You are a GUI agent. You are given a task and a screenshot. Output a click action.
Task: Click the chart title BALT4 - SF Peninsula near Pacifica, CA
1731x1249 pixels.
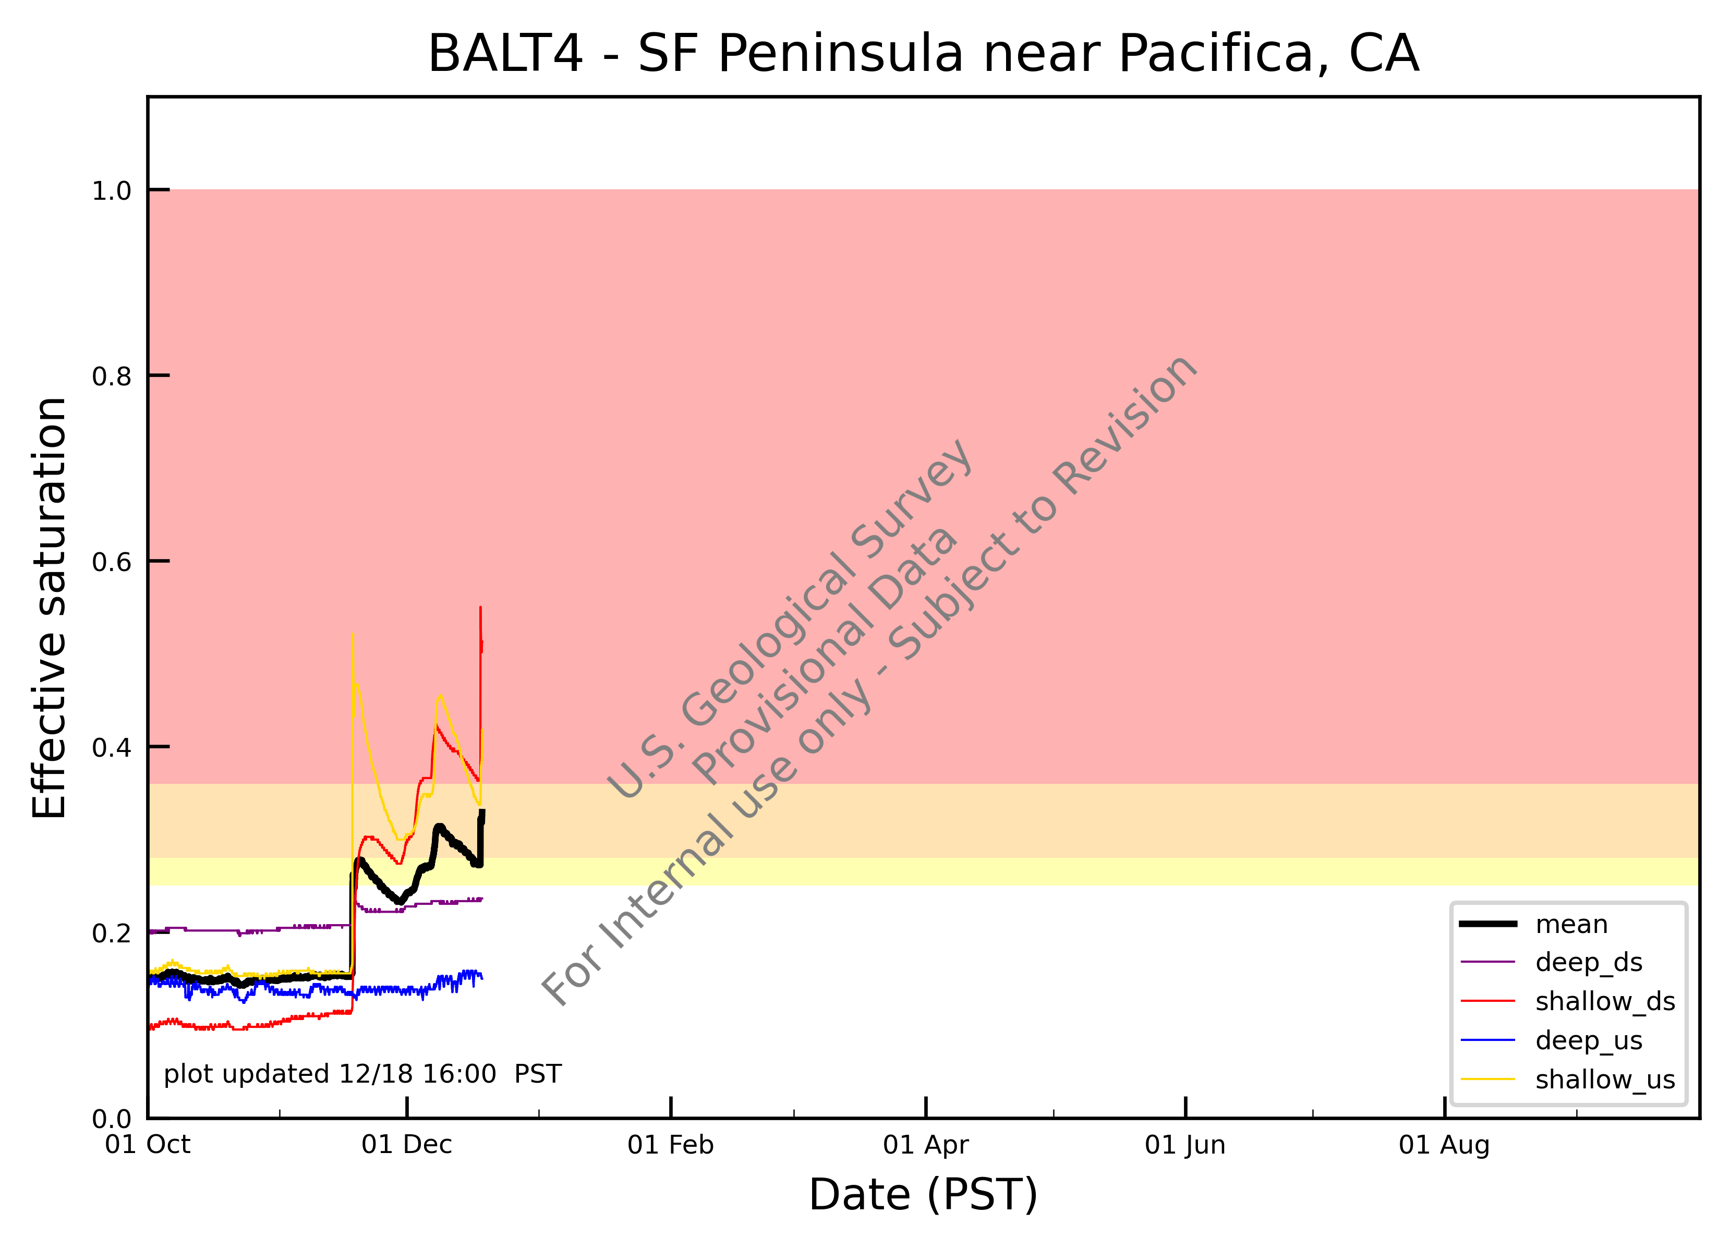click(924, 54)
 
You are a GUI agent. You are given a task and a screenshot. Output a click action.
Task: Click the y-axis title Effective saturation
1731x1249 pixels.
click(51, 608)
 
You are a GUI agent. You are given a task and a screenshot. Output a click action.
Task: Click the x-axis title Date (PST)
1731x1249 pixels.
click(924, 1194)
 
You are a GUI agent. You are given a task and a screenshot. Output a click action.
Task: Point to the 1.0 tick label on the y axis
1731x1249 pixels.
click(112, 191)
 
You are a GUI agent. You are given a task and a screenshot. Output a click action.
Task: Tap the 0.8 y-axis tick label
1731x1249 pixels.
click(112, 376)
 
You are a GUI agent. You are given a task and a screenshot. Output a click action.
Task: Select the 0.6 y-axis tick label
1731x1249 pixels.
click(112, 562)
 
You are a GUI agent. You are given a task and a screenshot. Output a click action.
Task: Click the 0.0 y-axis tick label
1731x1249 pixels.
click(112, 1119)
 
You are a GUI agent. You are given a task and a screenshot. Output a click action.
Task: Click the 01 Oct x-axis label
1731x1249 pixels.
click(148, 1145)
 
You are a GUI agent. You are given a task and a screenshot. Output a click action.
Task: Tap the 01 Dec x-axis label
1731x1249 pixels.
click(407, 1145)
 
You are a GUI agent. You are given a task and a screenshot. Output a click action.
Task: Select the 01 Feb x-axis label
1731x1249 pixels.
click(671, 1145)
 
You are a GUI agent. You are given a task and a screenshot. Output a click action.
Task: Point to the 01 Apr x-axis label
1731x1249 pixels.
click(926, 1145)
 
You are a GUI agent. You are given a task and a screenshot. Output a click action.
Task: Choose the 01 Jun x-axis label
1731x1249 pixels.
click(1185, 1145)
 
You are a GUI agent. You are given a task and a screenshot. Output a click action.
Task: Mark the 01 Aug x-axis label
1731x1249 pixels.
click(1445, 1145)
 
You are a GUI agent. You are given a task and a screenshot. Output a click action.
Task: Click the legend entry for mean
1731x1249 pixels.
click(1534, 924)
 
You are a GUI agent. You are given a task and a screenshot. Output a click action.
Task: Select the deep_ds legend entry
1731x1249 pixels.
click(1552, 962)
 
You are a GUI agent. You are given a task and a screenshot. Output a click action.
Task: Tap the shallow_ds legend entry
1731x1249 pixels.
click(1568, 1001)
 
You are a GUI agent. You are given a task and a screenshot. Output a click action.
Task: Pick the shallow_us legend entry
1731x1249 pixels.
click(1568, 1080)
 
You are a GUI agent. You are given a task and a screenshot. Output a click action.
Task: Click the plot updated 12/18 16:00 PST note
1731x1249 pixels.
click(362, 1074)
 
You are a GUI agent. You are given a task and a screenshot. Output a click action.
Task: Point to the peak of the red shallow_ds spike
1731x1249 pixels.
click(480, 608)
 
